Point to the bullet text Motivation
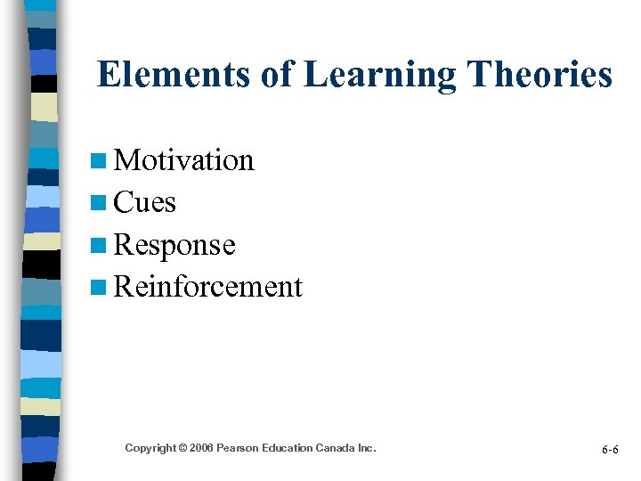tap(184, 160)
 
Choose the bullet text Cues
tap(145, 203)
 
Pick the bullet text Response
tap(174, 245)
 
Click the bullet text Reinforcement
tap(208, 287)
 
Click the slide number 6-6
tap(610, 450)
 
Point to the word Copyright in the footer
tap(150, 448)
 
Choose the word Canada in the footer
tap(339, 448)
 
